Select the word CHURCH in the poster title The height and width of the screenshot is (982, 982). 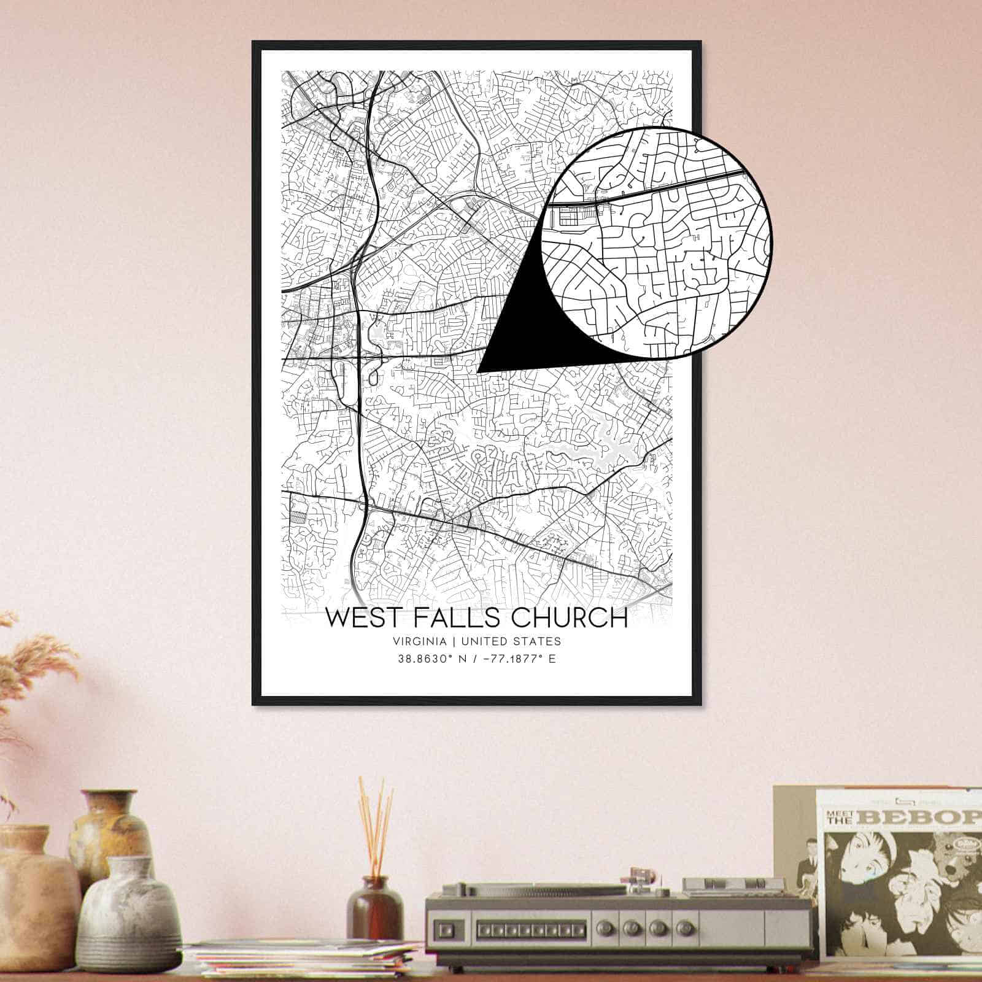tap(568, 617)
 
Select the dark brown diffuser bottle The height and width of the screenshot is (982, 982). tap(374, 911)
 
